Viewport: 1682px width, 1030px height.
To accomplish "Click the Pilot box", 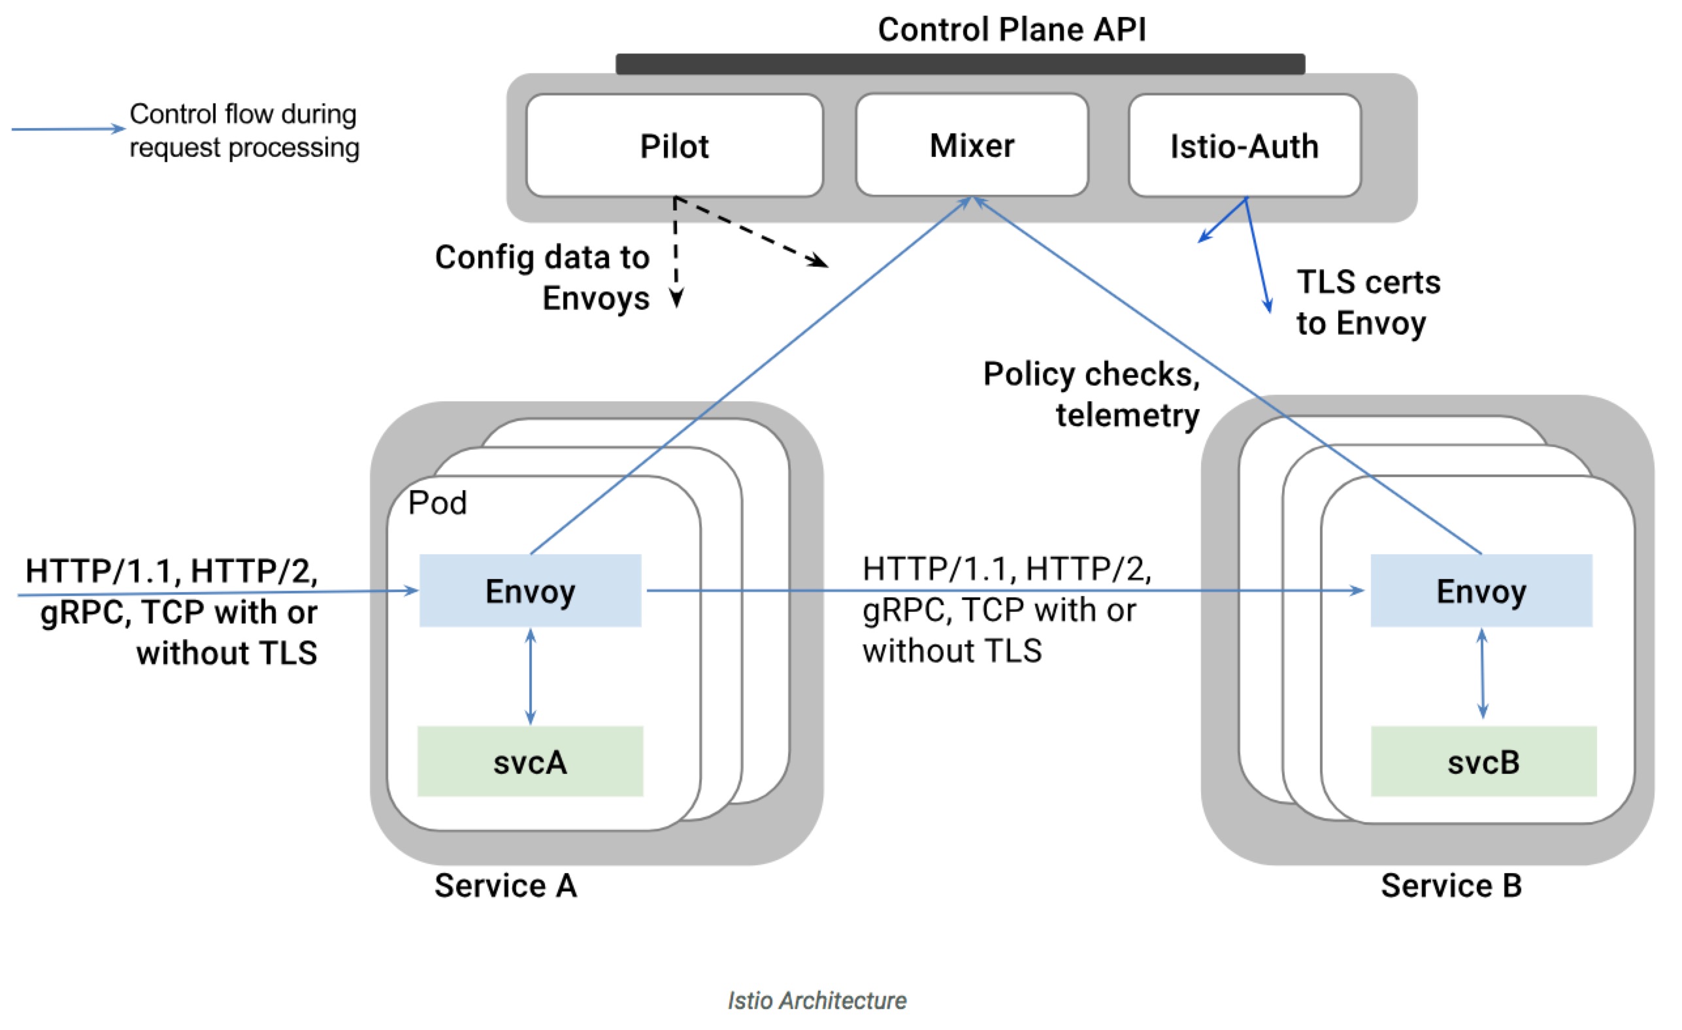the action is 674,145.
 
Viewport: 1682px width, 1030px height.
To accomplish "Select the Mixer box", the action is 972,145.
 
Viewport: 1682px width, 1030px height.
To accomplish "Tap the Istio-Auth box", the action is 1244,145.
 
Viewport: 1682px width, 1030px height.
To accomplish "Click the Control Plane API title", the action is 1012,29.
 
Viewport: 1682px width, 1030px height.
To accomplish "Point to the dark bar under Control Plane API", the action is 961,63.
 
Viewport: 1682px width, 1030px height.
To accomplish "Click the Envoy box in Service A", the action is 531,590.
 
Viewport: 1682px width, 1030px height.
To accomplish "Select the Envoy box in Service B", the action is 1482,590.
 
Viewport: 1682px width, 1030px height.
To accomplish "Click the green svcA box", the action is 531,761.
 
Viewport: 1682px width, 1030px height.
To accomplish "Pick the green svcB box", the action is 1484,761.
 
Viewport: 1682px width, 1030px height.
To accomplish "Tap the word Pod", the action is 438,503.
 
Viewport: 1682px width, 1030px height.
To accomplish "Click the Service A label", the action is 506,886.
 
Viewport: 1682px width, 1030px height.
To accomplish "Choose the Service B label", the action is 1452,886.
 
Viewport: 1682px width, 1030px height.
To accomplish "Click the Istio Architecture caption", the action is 817,1000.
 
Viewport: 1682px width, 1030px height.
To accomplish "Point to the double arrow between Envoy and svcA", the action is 531,676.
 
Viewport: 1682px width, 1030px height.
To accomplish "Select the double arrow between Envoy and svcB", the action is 1482,674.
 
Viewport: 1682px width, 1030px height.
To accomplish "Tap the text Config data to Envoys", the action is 542,277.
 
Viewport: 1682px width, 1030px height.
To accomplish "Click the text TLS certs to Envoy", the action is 1368,302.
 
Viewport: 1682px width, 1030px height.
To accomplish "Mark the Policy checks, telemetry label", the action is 1091,395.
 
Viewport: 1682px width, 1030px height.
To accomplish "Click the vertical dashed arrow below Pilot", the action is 676,252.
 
